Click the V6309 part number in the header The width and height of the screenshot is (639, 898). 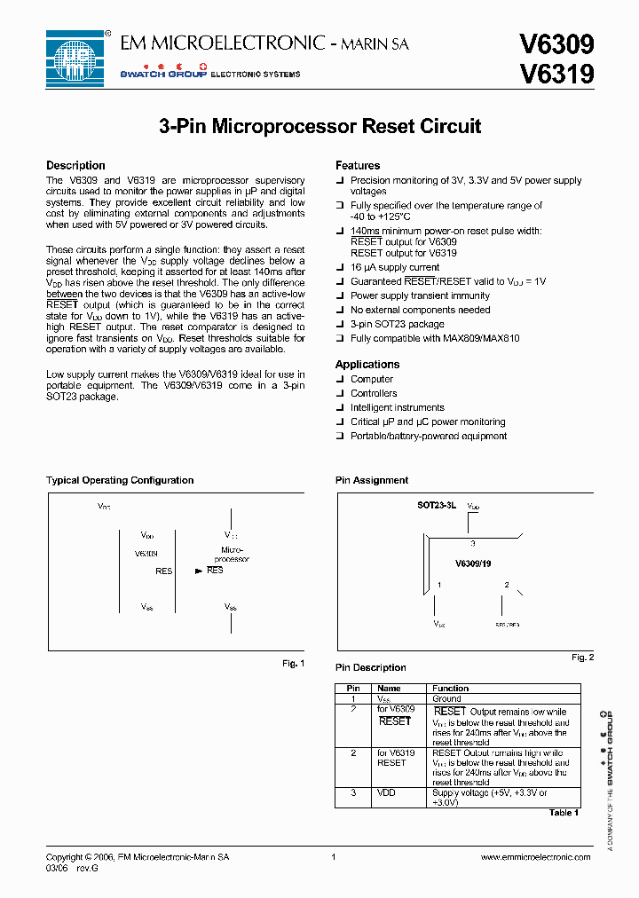[556, 44]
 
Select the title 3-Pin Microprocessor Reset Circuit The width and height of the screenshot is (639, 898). [319, 126]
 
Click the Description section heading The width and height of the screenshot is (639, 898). [75, 166]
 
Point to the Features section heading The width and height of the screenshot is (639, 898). [358, 166]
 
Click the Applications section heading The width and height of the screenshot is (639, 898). [367, 365]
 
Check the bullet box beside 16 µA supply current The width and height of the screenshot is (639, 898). [339, 267]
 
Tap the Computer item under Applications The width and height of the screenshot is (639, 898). [372, 379]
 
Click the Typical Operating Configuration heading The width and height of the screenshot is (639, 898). [120, 480]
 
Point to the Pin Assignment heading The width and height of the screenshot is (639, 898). [372, 480]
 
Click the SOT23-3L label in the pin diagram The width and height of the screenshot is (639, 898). [437, 505]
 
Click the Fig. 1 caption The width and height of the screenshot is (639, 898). [293, 663]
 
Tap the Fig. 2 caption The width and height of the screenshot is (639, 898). [582, 657]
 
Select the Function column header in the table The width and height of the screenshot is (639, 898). [451, 689]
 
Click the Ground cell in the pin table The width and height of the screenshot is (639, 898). [446, 699]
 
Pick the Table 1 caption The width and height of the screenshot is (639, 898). [564, 812]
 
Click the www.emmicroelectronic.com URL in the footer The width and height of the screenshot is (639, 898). [535, 857]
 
